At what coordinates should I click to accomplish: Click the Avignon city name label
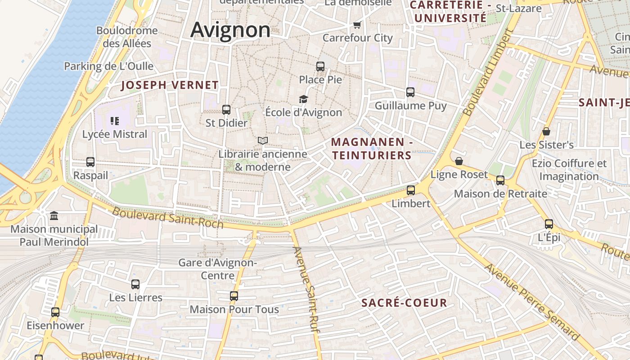(230, 30)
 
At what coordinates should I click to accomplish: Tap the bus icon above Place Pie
(320, 67)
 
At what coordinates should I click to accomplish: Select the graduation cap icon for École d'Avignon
(304, 99)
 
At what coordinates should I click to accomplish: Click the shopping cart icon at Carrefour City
(357, 25)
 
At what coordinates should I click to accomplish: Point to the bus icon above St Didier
(226, 110)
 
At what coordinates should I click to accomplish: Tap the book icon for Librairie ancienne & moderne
(263, 141)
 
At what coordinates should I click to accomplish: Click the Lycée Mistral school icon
(114, 121)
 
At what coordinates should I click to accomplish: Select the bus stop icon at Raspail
(90, 162)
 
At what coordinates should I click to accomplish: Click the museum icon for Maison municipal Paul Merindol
(54, 216)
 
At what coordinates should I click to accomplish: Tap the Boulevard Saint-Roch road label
(167, 217)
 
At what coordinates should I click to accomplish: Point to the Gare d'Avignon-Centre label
(218, 269)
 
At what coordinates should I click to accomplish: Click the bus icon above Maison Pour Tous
(234, 296)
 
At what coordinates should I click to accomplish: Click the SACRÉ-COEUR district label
(404, 303)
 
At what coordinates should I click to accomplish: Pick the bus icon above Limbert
(411, 190)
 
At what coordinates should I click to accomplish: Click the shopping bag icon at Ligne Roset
(459, 161)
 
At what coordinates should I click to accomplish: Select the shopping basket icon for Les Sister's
(546, 131)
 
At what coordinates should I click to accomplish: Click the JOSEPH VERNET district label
(170, 85)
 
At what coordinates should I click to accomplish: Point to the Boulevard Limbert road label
(488, 72)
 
